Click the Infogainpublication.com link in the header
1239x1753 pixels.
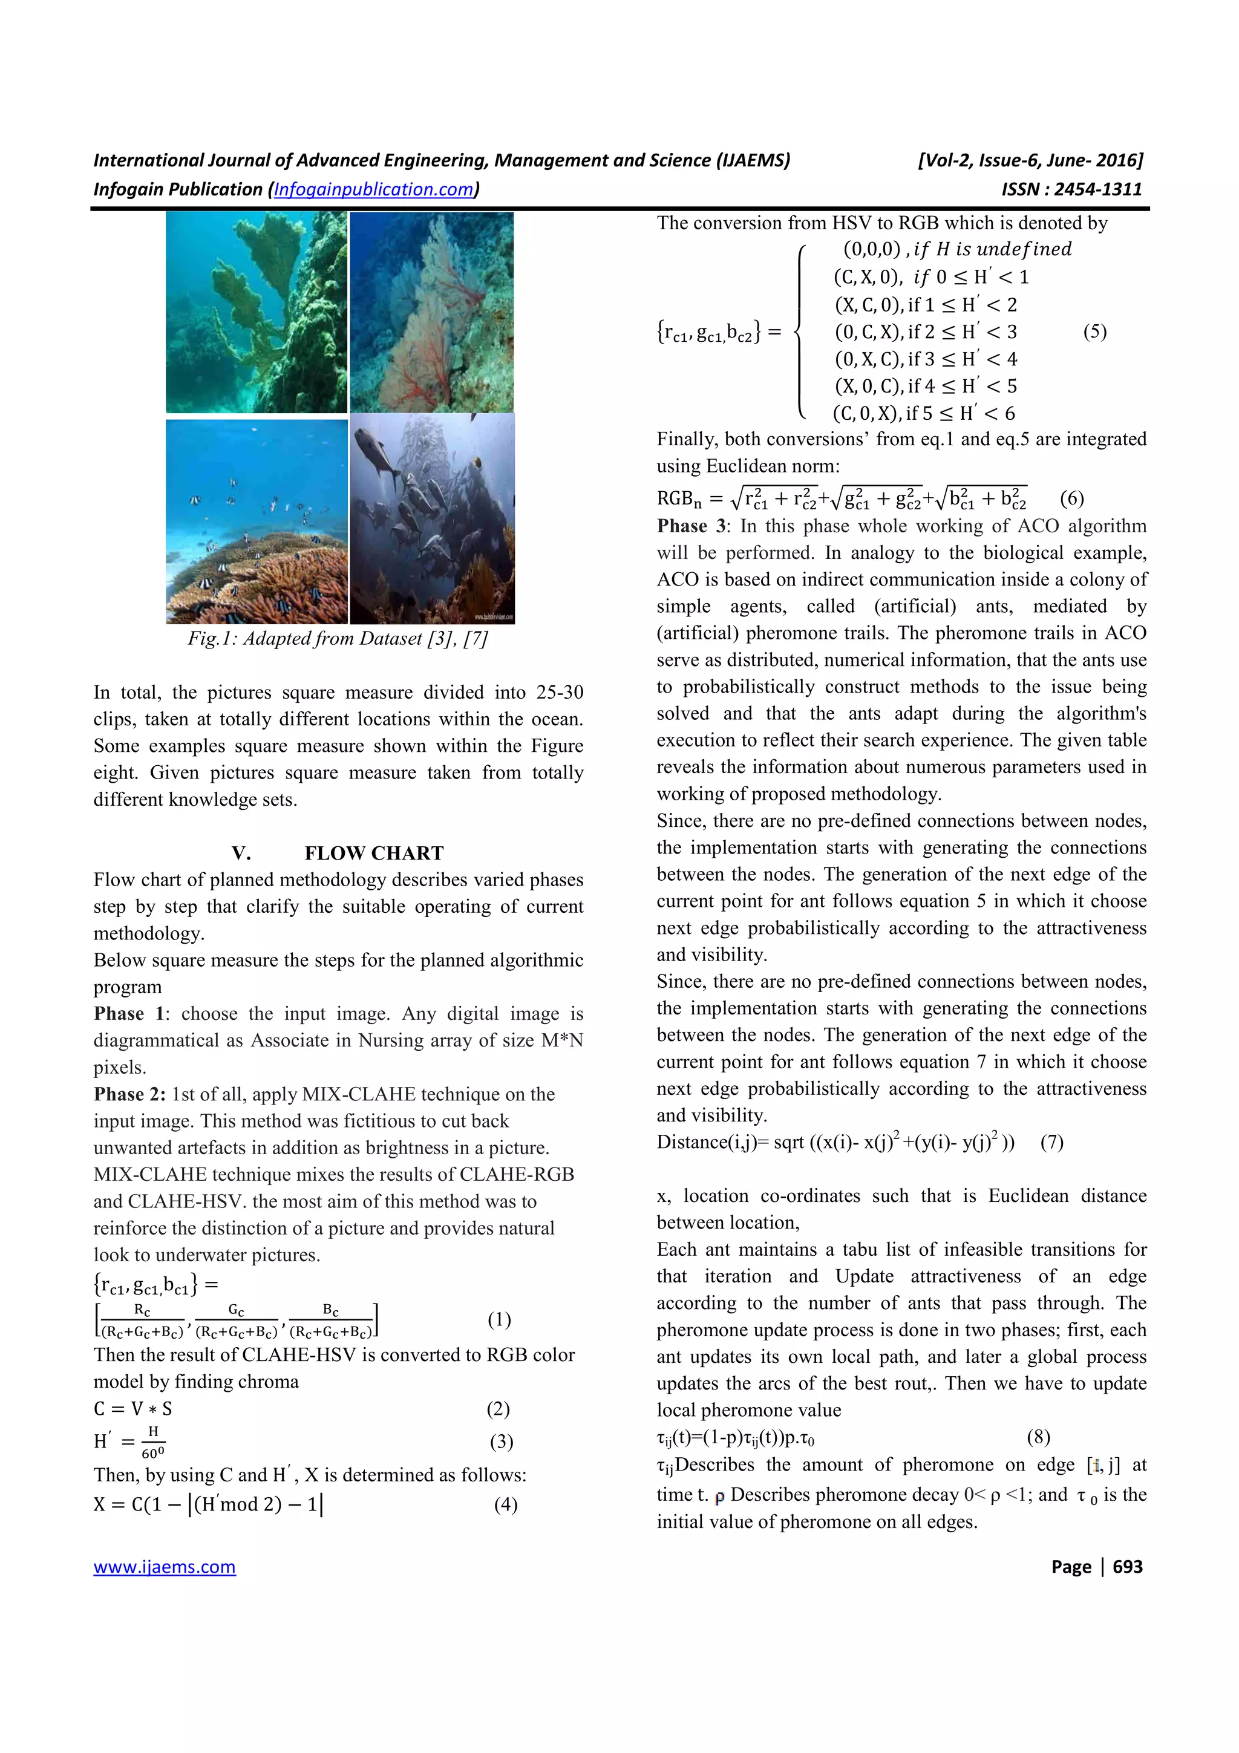pyautogui.click(x=374, y=189)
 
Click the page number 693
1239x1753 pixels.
pyautogui.click(x=1127, y=1567)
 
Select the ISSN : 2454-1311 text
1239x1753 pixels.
pyautogui.click(x=1072, y=189)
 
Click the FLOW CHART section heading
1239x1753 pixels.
pyautogui.click(x=373, y=853)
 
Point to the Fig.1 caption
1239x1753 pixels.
pyautogui.click(x=338, y=638)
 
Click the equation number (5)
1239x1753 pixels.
pyautogui.click(x=1095, y=331)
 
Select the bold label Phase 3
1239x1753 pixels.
pyautogui.click(x=693, y=526)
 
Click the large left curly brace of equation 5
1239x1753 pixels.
pyautogui.click(x=799, y=331)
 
